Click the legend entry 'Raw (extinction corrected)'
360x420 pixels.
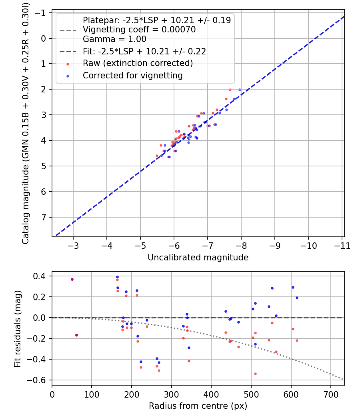coord(138,63)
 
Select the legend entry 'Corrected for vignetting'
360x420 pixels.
coord(132,75)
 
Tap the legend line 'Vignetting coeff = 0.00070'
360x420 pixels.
coord(139,30)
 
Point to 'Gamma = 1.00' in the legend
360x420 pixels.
coord(114,39)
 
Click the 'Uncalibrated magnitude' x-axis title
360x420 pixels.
coord(198,258)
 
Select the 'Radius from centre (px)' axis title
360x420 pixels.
coord(198,406)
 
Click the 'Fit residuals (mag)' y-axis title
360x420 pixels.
coord(18,329)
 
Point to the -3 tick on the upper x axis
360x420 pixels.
coord(74,246)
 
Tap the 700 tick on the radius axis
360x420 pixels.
coord(331,394)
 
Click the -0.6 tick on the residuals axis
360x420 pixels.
coord(39,380)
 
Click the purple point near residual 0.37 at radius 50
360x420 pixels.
coord(72,279)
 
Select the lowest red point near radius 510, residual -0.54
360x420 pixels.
coord(255,374)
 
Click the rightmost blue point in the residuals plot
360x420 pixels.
coord(297,298)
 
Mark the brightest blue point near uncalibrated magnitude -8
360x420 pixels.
coord(240,90)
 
